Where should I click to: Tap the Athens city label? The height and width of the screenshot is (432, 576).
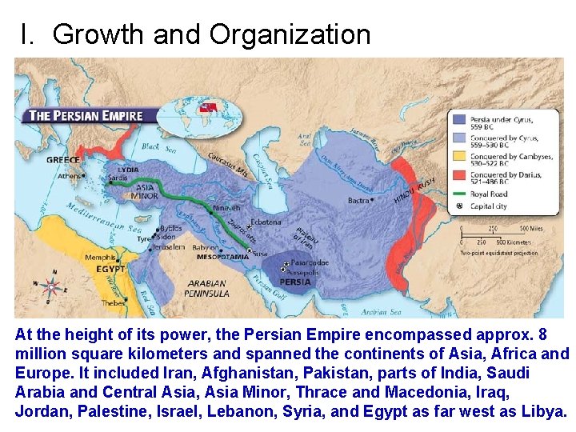click(x=70, y=175)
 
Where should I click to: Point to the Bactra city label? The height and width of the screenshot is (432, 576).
click(x=358, y=200)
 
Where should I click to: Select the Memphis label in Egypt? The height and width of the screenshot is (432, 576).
click(x=100, y=257)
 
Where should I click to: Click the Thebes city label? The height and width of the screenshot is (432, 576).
click(x=112, y=303)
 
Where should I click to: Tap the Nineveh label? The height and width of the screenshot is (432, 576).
click(x=226, y=208)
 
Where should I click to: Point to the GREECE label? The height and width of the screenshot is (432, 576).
click(x=62, y=159)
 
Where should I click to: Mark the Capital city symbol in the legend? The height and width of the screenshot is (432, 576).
click(x=458, y=206)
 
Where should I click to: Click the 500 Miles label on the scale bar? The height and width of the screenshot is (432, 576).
click(x=531, y=228)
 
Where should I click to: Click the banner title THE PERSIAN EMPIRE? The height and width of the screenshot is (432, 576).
click(x=86, y=115)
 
